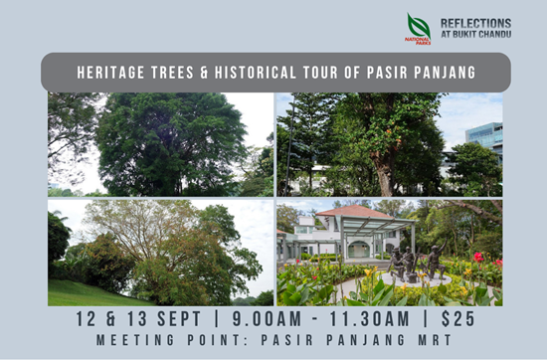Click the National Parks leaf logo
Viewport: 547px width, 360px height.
point(419,29)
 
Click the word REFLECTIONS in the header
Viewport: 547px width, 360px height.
point(475,24)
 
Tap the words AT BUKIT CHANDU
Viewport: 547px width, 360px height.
point(476,34)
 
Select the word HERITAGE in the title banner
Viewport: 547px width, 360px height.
point(110,73)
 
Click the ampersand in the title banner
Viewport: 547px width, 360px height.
point(204,73)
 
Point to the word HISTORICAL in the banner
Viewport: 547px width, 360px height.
point(256,73)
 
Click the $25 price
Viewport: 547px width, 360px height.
point(458,319)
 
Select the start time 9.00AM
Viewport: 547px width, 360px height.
point(267,319)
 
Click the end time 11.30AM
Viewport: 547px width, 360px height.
point(369,319)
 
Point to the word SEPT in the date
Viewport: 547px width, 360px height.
point(179,319)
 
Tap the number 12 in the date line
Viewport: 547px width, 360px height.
point(86,319)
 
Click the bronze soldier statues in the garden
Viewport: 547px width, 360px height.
point(417,261)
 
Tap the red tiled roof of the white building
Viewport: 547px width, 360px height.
point(354,212)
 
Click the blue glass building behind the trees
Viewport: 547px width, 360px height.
point(484,136)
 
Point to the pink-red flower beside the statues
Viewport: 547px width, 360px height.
point(478,258)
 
